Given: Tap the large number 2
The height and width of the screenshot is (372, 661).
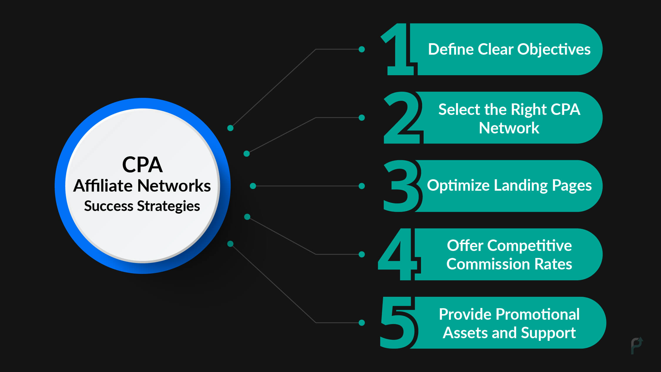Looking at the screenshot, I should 402,118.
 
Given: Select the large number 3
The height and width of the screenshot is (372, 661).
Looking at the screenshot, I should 402,186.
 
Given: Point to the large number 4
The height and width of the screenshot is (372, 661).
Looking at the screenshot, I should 398,254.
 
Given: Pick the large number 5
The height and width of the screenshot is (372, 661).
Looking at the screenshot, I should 398,323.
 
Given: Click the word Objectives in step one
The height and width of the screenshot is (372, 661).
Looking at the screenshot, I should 554,49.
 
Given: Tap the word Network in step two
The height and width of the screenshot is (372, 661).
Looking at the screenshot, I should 509,128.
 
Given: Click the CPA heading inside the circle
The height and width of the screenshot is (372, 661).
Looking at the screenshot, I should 142,165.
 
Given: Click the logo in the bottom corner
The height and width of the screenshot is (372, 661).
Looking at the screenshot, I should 637,346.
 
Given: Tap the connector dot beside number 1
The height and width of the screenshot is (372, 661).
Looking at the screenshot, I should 362,49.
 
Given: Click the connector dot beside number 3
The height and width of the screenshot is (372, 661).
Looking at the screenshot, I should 362,186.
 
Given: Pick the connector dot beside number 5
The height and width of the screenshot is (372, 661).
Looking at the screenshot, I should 362,323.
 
